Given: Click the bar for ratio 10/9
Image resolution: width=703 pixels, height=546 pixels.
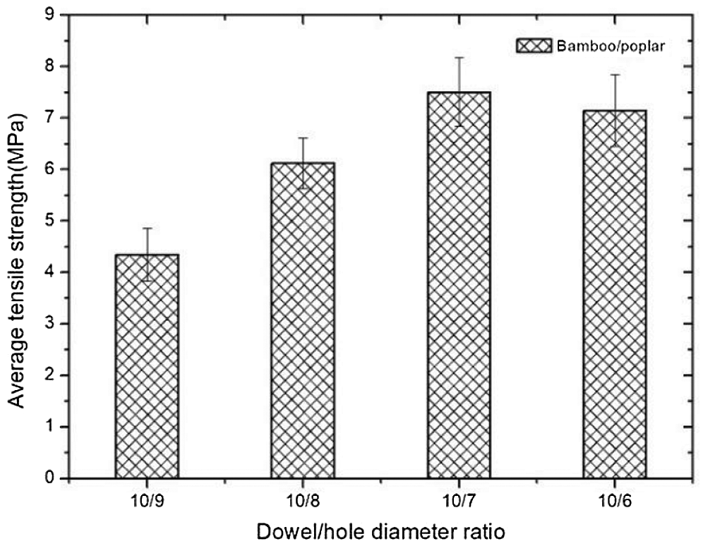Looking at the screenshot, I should (147, 367).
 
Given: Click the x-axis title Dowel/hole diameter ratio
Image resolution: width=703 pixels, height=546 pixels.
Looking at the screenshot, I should (381, 530).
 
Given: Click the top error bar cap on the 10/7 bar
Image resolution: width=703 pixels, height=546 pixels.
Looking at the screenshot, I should (459, 58).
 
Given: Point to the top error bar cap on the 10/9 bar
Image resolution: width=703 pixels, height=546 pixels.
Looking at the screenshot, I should (147, 229).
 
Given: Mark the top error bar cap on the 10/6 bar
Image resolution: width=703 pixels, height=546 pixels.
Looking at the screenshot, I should (615, 75).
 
